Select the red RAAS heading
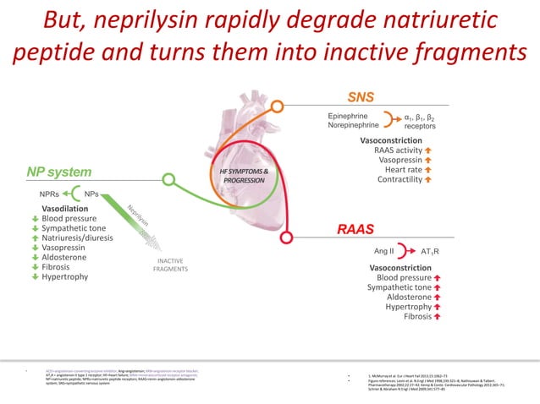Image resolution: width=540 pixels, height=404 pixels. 355,229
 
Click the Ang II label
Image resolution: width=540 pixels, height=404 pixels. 383,251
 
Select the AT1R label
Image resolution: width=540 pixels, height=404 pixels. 431,252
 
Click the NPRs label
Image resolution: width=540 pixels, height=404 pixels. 49,194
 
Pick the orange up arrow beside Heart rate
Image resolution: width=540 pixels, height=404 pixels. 428,169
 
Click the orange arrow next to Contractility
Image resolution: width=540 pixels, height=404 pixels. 428,179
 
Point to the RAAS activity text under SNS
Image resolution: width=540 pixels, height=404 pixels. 397,149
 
